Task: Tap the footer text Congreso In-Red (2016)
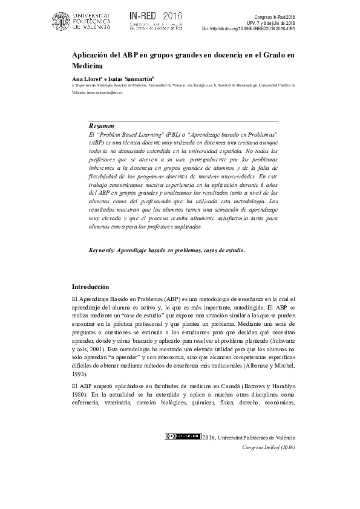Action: [x=268, y=447]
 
